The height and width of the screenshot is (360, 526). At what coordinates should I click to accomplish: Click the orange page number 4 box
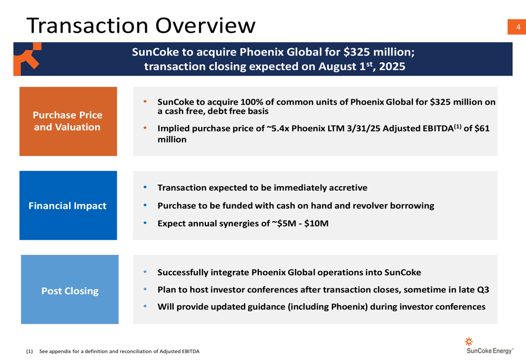517,27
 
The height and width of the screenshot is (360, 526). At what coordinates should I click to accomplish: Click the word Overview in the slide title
205,25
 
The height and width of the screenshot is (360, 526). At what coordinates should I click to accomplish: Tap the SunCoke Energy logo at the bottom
489,346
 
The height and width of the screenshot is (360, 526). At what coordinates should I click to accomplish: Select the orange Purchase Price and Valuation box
68,121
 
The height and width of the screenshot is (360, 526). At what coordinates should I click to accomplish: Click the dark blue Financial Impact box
68,205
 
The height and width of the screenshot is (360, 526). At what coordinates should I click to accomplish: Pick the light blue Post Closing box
70,289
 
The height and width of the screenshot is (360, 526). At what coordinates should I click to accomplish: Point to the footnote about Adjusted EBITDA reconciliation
113,351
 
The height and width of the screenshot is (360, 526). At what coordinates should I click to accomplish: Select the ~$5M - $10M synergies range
300,223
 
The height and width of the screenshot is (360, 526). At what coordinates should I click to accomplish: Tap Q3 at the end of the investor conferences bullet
483,290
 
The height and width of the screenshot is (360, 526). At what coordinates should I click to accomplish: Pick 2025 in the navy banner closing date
392,66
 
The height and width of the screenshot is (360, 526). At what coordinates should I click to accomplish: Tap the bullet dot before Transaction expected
145,187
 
